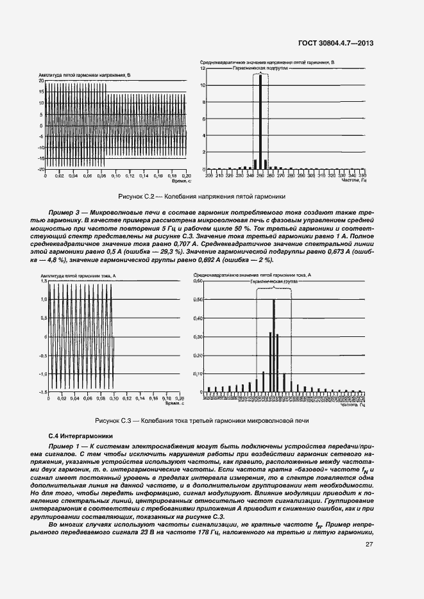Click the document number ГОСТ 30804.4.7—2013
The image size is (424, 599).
(x=336, y=44)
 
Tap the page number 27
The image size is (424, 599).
(x=369, y=545)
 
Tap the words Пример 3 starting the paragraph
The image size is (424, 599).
(x=64, y=211)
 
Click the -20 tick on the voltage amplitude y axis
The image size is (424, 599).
(x=40, y=169)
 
